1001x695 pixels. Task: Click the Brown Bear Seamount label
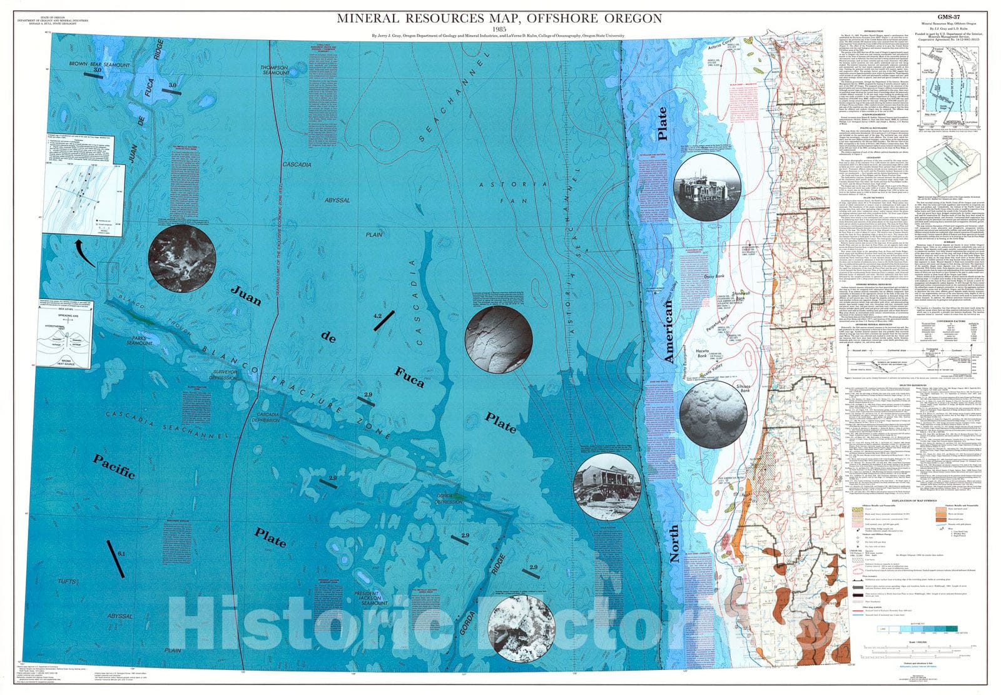click(100, 64)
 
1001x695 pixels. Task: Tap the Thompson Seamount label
click(276, 69)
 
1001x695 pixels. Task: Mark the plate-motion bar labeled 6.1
click(116, 559)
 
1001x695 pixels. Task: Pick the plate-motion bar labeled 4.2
click(383, 323)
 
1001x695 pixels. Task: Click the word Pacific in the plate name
click(114, 466)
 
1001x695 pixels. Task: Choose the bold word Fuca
click(409, 377)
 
